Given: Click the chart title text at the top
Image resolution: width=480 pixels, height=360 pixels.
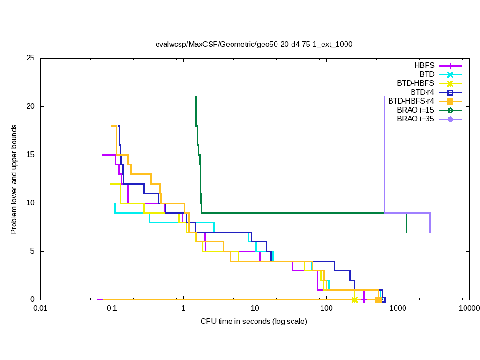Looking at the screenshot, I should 254,45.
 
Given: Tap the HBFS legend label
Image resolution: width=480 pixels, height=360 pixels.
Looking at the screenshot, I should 424,65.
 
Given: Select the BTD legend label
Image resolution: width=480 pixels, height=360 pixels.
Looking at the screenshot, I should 427,74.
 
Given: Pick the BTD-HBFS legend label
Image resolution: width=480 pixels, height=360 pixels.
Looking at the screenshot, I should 416,83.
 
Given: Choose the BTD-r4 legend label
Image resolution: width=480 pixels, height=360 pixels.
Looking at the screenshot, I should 422,92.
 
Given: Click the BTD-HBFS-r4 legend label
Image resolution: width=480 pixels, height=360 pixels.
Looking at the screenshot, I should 411,101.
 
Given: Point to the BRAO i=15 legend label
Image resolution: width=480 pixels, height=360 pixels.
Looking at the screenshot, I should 415,110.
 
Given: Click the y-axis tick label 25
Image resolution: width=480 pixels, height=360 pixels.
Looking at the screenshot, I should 31,59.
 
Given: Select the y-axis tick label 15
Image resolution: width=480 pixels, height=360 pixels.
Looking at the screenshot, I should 31,155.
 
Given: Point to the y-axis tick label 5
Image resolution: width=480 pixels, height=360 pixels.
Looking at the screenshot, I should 33,251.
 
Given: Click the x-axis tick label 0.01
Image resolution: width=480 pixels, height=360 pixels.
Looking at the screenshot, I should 40,309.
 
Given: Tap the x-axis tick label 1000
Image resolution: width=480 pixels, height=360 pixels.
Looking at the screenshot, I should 398,309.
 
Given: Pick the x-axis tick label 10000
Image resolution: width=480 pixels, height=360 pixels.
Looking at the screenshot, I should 469,309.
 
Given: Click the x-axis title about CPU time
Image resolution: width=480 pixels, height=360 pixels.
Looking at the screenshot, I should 254,322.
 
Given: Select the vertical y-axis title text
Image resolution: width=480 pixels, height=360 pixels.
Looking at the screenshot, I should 15,180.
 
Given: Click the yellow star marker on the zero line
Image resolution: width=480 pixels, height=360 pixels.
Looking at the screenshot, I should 355,300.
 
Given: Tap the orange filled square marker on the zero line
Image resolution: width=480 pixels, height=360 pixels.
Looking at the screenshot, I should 378,300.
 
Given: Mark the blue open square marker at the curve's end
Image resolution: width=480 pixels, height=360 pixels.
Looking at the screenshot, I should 383,300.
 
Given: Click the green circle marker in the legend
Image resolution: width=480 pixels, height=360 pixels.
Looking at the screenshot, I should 450,110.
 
